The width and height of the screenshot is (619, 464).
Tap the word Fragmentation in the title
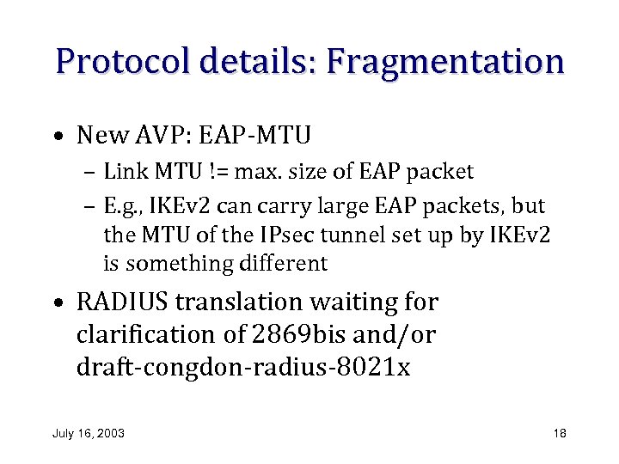[444, 62]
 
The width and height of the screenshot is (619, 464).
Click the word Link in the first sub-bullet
[123, 172]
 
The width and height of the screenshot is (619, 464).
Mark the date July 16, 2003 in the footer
[89, 433]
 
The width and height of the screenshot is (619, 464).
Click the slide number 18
[560, 433]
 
